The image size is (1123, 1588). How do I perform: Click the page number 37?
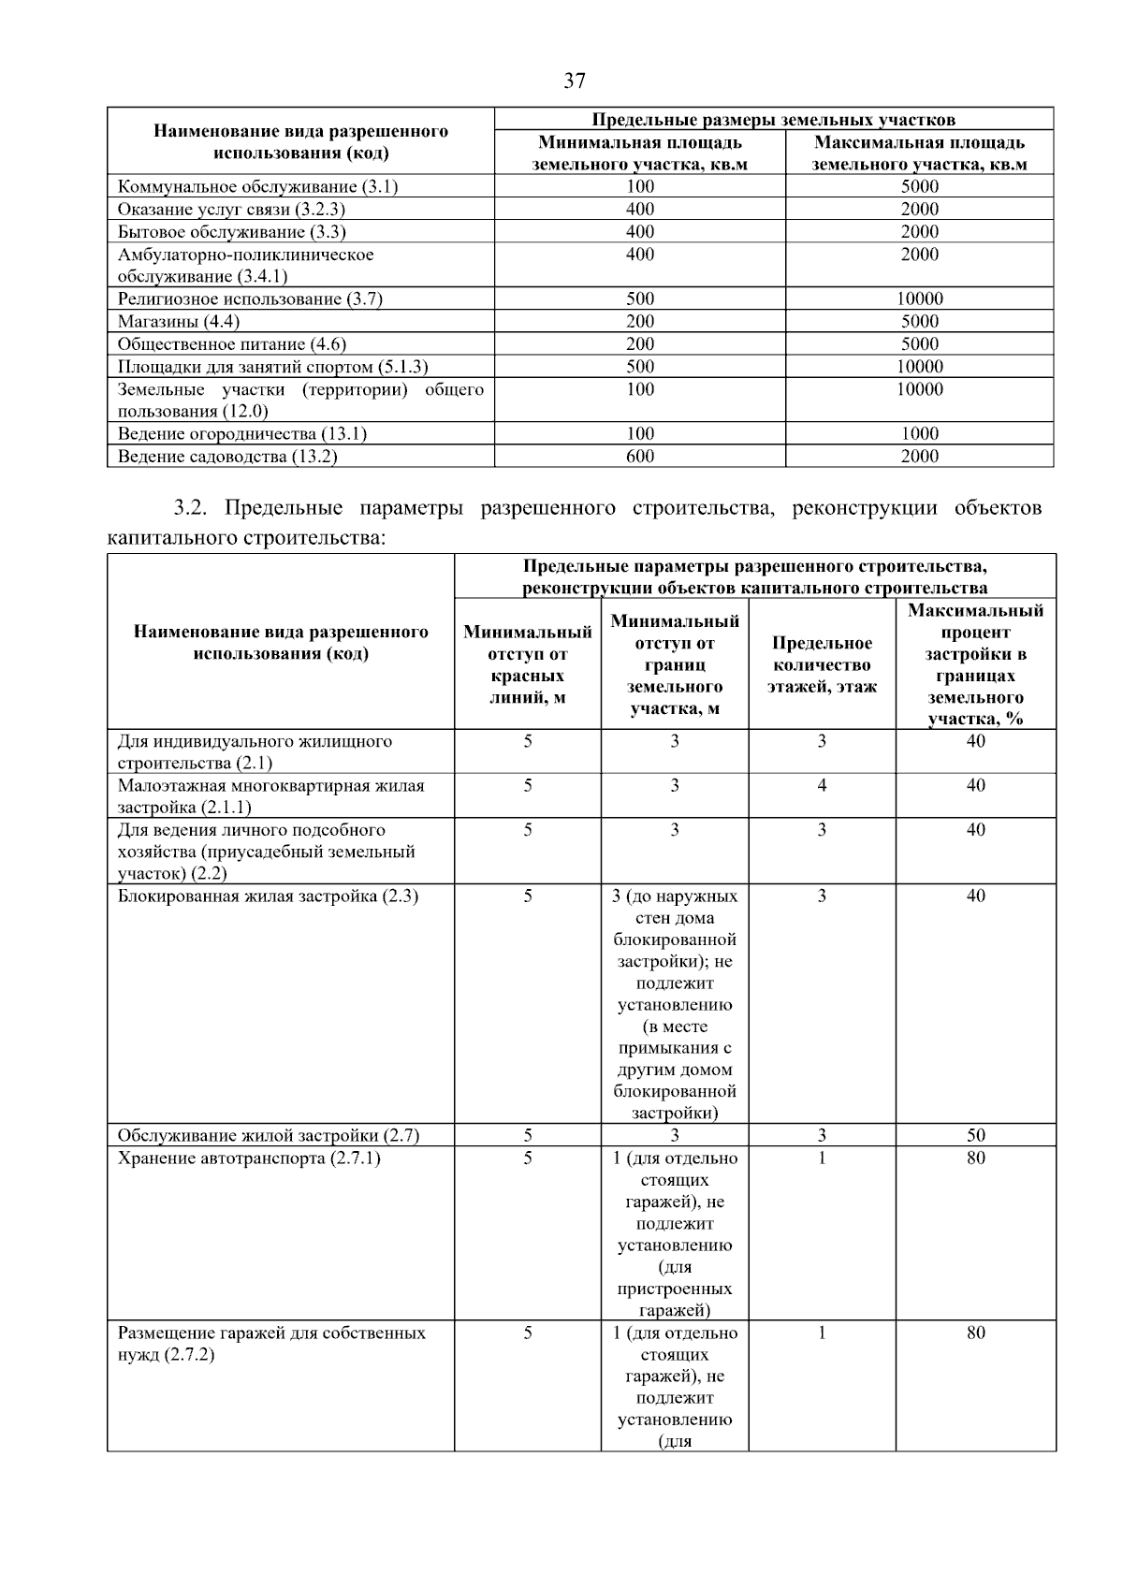pos(575,81)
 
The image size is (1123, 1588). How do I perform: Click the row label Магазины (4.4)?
pos(178,322)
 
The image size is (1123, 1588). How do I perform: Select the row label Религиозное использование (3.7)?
pos(250,299)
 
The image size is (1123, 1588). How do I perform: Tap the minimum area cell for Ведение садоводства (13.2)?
pos(640,457)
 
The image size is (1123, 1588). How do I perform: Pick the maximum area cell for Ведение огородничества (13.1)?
pos(919,434)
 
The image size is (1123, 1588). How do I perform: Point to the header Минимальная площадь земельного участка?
pos(640,153)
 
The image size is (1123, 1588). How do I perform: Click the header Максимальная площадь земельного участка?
pos(919,153)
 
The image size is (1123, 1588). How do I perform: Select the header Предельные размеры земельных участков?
pos(773,120)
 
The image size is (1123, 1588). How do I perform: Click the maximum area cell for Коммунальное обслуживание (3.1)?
pos(919,186)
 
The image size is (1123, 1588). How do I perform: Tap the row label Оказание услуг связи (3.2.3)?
pos(231,209)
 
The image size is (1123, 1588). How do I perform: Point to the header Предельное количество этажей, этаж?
pos(822,664)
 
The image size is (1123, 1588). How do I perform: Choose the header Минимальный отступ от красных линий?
pos(528,664)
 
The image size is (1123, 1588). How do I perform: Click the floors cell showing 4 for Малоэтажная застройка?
pos(822,786)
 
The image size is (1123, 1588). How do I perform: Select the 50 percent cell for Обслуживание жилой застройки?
pos(975,1136)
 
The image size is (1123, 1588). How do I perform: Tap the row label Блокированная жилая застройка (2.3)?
pos(268,896)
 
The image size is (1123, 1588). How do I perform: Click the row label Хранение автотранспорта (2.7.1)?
pos(249,1158)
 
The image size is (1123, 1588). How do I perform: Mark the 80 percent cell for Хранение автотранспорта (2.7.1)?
pos(975,1158)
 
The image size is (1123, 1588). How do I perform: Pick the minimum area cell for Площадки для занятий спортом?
pos(640,367)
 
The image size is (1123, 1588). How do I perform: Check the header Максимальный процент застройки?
pos(975,664)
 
